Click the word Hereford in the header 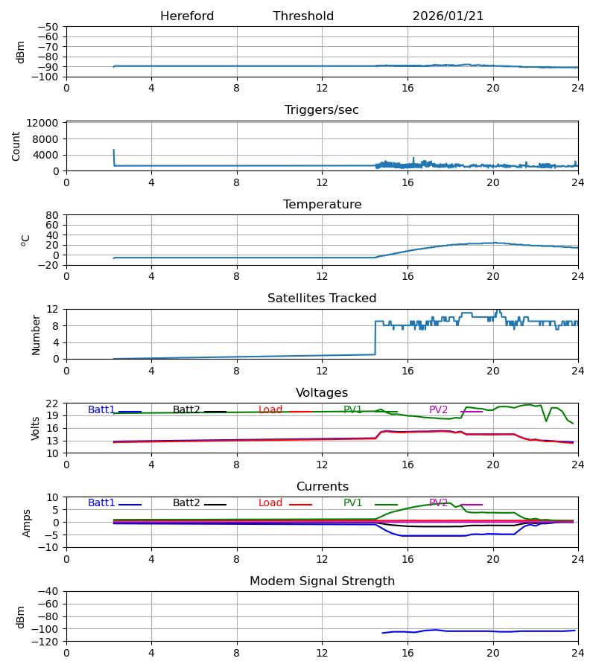[187, 16]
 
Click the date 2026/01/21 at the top [448, 16]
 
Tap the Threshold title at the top [303, 16]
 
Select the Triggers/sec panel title [322, 110]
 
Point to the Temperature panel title [322, 205]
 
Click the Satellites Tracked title [322, 299]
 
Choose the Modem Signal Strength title [322, 581]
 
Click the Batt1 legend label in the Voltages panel [101, 410]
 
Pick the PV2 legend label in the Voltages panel [438, 410]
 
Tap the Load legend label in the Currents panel [270, 503]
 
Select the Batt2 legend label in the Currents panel [186, 503]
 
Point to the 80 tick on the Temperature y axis [53, 215]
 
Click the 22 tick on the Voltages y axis [53, 403]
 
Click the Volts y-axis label [36, 428]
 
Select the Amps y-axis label [28, 523]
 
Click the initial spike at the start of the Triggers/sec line [114, 151]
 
